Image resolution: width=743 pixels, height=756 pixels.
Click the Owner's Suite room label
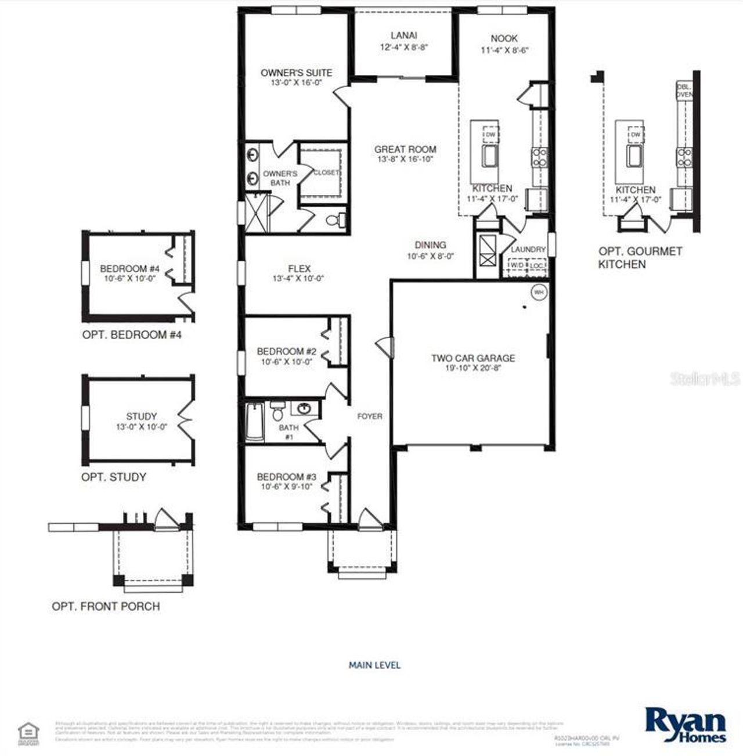pos(296,73)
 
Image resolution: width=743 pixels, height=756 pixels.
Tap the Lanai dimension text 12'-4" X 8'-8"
pos(404,48)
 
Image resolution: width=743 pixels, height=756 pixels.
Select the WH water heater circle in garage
pos(539,292)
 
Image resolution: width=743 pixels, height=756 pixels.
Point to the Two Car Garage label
pos(473,358)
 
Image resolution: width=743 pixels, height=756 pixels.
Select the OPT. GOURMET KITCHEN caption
pos(640,258)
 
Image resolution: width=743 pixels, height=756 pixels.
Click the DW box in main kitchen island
pos(490,135)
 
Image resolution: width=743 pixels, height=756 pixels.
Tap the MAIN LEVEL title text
pos(374,665)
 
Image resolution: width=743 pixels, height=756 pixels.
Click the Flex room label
pos(299,269)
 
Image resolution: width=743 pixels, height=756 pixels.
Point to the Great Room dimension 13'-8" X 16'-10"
pos(405,159)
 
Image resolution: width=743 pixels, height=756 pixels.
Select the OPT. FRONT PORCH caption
pos(106,606)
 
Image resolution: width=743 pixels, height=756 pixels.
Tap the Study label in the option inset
pos(141,416)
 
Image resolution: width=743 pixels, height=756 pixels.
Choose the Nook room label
pos(504,38)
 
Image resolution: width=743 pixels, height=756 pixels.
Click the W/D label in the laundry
pos(516,265)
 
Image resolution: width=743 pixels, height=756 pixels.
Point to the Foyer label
pos(370,416)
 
